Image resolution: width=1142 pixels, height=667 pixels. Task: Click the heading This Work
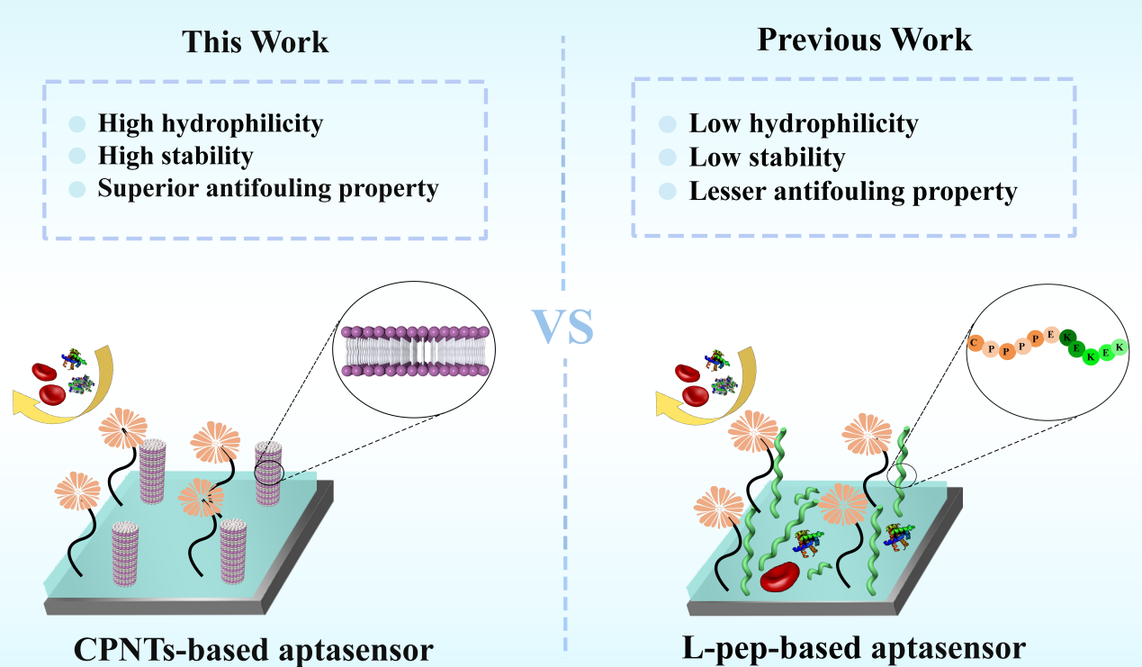tap(256, 42)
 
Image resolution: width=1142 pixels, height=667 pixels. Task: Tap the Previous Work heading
tap(864, 41)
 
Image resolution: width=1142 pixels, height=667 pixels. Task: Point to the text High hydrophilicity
tap(210, 122)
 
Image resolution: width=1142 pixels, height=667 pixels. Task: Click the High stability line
tap(175, 156)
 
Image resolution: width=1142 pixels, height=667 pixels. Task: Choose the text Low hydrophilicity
tap(803, 124)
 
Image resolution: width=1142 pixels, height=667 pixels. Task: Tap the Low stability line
tap(767, 158)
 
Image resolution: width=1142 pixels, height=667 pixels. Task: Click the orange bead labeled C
tap(975, 342)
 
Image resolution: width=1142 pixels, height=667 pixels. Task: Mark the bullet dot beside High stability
tap(77, 157)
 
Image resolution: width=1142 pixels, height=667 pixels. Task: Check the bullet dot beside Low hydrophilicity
tap(667, 124)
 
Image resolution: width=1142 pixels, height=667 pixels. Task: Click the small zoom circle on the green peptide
tap(903, 475)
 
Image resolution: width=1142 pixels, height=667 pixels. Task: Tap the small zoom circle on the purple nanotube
tap(269, 472)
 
